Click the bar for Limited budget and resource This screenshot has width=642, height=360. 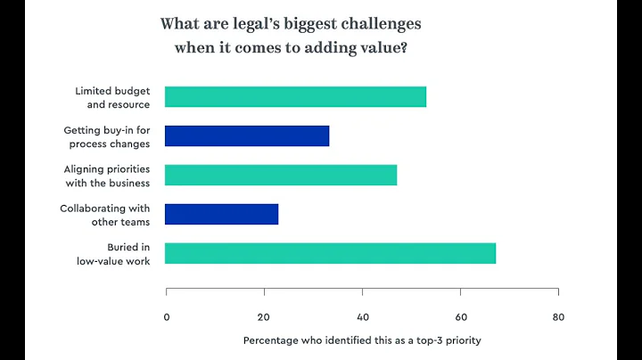point(296,96)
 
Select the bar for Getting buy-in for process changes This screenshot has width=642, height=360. point(247,135)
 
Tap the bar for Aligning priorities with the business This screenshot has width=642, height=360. point(281,175)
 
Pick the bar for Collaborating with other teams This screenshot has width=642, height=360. point(222,214)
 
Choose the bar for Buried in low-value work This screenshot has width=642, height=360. point(331,253)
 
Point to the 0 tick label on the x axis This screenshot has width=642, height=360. point(167,316)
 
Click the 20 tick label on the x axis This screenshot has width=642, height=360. point(264,316)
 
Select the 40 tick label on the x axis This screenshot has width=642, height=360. point(362,316)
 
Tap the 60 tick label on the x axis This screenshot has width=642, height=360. point(460,316)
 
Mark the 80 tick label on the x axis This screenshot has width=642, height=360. point(558,316)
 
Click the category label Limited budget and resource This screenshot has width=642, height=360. point(112,97)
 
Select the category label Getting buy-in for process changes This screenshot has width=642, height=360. point(106,136)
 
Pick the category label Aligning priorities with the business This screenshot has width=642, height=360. point(107,176)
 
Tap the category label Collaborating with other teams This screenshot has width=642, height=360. point(105,215)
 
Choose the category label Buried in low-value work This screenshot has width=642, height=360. point(112,254)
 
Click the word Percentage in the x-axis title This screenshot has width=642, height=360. point(272,340)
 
